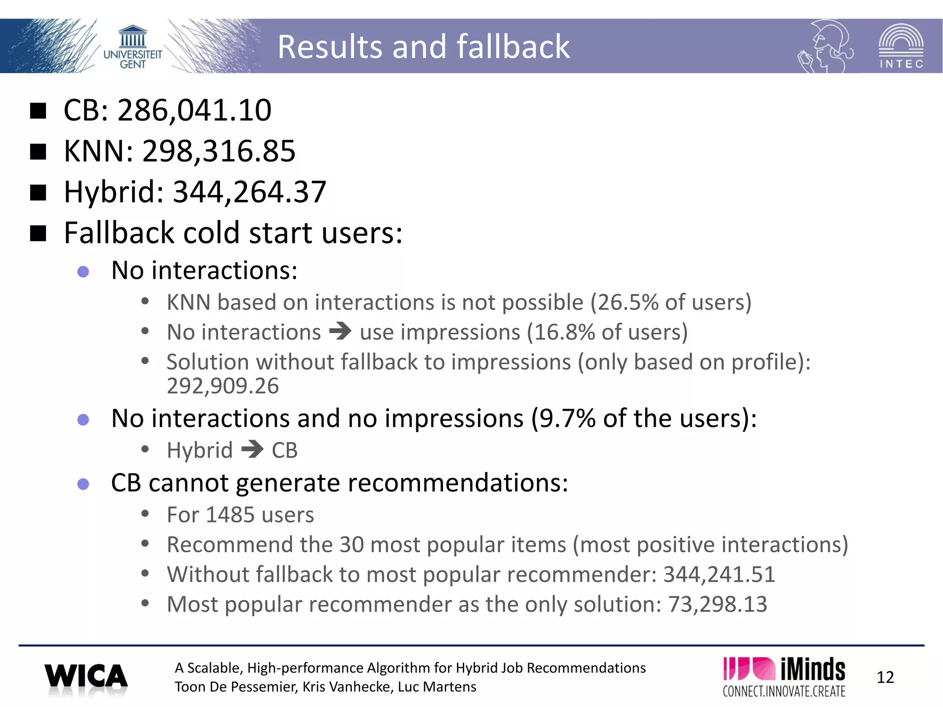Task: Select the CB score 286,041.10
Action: (x=194, y=110)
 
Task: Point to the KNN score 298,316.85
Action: (x=219, y=151)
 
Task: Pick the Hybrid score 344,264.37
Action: (x=249, y=192)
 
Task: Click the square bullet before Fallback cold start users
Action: (x=38, y=233)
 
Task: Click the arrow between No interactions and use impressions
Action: (x=340, y=331)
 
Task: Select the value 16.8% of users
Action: (x=564, y=332)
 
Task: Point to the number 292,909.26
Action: (x=222, y=386)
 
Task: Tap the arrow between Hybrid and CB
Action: (x=252, y=449)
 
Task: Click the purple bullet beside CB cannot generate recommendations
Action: (x=83, y=484)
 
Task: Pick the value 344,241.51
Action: (x=719, y=574)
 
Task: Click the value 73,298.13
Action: (x=717, y=604)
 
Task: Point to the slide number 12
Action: (x=885, y=678)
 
